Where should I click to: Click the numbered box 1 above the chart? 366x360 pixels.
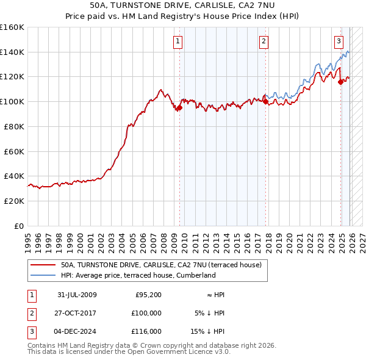point(178,41)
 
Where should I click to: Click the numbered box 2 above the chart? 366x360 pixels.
point(264,41)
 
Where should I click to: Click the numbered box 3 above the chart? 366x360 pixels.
point(339,41)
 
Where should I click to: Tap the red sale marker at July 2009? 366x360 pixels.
point(179,108)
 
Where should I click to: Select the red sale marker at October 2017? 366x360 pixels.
point(265,102)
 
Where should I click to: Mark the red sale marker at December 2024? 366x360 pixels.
point(340,82)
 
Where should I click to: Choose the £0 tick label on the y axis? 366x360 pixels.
point(18,226)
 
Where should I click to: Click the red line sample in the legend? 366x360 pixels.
point(43,265)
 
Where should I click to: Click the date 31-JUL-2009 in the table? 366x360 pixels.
point(77,295)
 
